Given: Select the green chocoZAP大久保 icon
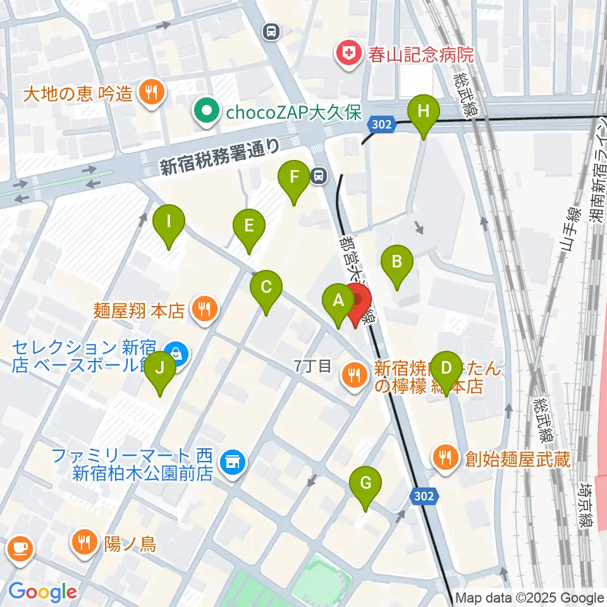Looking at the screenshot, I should click(205, 113).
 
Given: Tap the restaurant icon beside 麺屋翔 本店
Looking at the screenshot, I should click(204, 310).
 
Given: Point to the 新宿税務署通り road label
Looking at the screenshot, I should click(219, 157).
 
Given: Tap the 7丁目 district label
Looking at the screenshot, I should click(312, 365).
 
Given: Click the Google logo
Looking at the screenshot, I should click(42, 592).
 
